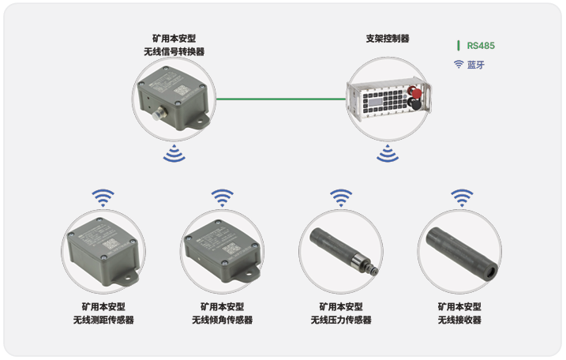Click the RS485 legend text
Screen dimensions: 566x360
click(x=481, y=46)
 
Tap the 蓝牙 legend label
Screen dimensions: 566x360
click(x=476, y=65)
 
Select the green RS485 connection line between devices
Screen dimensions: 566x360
click(x=281, y=99)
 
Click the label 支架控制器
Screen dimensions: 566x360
click(x=388, y=39)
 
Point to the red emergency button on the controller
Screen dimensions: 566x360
click(x=414, y=92)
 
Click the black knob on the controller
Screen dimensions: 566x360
click(x=414, y=103)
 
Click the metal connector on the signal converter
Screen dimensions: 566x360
click(x=158, y=114)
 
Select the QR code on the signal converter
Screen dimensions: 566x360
click(x=182, y=90)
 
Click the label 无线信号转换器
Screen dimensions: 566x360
click(x=174, y=51)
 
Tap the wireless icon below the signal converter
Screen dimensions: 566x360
click(x=174, y=153)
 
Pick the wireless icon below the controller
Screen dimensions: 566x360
click(x=388, y=153)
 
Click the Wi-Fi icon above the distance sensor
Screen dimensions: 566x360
click(x=103, y=198)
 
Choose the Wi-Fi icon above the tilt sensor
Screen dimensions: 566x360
click(x=223, y=198)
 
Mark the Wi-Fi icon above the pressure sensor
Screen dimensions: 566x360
click(x=341, y=198)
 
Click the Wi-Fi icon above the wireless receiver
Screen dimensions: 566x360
click(x=462, y=198)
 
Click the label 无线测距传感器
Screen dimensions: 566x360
click(x=103, y=320)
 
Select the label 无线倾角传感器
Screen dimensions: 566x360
click(x=223, y=320)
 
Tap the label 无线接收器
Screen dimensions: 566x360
click(x=459, y=320)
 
